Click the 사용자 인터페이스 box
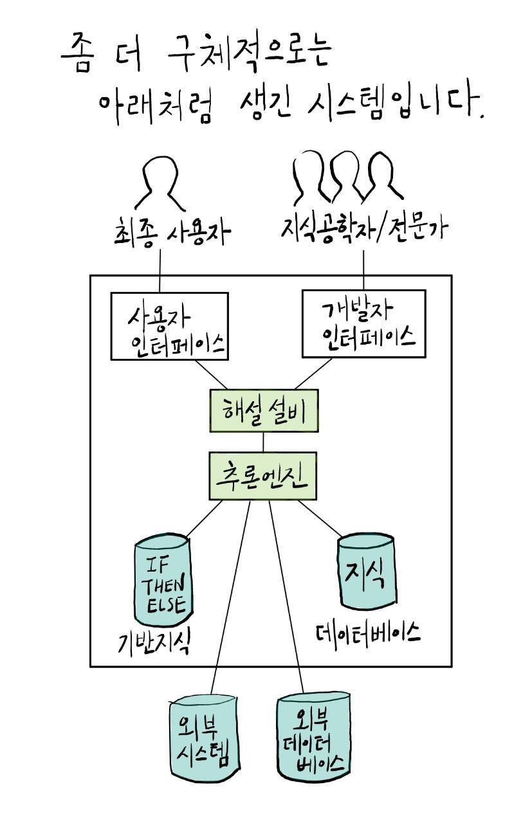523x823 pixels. point(169,326)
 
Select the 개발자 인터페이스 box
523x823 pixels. point(363,323)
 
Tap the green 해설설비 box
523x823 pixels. point(264,411)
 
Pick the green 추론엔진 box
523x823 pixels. point(263,476)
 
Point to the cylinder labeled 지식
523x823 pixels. point(365,572)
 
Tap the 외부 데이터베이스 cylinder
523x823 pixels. point(313,737)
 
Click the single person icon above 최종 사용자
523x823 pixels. point(159,180)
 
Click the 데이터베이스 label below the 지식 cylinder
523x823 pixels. point(367,633)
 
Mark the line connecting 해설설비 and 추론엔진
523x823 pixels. point(263,442)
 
